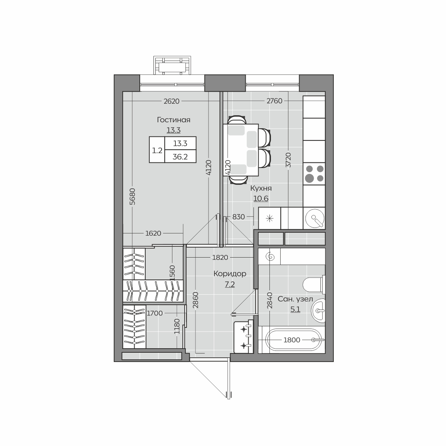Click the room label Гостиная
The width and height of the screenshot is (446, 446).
click(174, 120)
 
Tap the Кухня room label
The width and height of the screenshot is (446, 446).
click(261, 188)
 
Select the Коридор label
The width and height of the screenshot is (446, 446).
click(230, 274)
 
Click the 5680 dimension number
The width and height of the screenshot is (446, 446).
click(132, 197)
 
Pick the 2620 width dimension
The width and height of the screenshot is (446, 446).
click(171, 101)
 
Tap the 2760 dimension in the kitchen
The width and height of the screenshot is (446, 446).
click(274, 101)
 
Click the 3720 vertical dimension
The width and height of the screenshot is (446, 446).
click(288, 160)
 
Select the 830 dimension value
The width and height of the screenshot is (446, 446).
click(238, 217)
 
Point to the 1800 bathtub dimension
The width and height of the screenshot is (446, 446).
click(292, 340)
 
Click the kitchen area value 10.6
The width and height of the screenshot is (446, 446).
click(261, 198)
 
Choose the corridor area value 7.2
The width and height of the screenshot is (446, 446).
click(230, 284)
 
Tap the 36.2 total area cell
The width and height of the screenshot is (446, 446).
click(180, 157)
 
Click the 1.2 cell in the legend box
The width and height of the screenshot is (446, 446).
click(157, 151)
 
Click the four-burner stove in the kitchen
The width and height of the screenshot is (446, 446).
click(314, 174)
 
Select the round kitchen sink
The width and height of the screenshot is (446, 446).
click(315, 218)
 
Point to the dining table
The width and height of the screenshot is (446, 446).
click(241, 150)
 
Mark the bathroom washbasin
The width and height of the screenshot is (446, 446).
click(319, 311)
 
